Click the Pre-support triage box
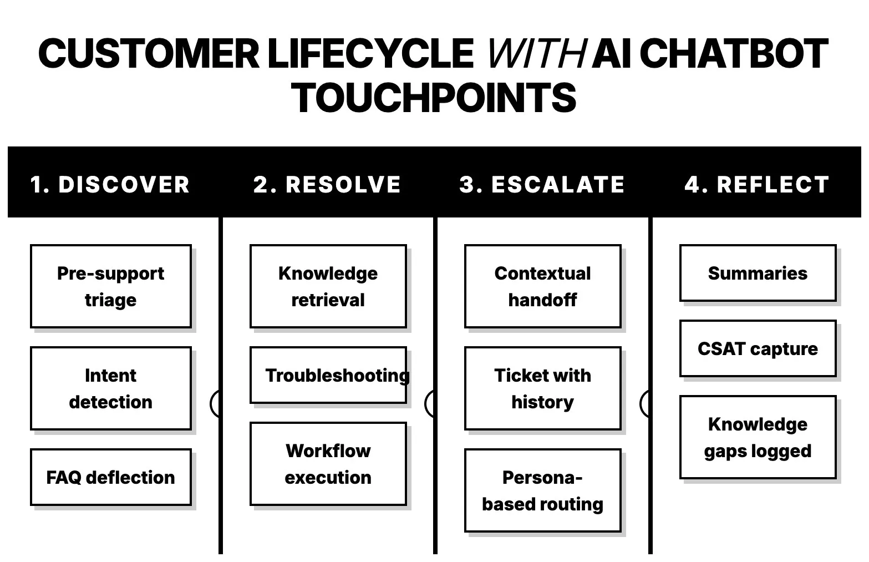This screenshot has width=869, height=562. (111, 286)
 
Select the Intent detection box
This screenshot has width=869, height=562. (111, 388)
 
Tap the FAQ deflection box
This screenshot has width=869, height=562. (111, 477)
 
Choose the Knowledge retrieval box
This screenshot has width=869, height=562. (328, 286)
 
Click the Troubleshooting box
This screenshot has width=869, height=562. (328, 375)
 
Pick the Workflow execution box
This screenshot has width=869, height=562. (328, 464)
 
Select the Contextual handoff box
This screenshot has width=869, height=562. (542, 286)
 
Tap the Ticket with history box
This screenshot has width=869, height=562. (542, 388)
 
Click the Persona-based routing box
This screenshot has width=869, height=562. (542, 490)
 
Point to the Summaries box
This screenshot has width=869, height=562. (758, 273)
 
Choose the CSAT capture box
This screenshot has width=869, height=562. (758, 348)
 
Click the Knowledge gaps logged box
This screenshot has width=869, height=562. (758, 437)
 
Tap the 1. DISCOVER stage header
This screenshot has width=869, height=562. (110, 184)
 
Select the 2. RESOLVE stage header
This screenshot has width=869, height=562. (327, 184)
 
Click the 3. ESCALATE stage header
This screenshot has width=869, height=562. (542, 184)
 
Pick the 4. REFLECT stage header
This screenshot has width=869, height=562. (757, 184)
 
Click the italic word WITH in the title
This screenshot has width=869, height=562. (535, 54)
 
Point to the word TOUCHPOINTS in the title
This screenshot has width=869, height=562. (434, 98)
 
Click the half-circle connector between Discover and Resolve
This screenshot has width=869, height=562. (215, 403)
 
